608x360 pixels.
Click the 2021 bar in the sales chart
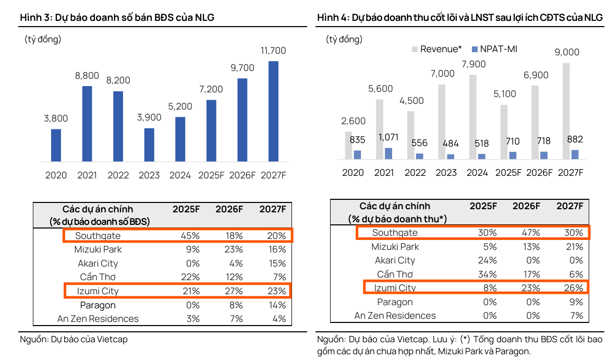click(87, 124)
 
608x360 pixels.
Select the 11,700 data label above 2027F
click(273, 51)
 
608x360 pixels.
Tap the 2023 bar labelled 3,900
click(149, 145)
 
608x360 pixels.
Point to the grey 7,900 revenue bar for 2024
click(472, 116)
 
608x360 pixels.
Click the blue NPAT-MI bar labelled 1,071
click(388, 153)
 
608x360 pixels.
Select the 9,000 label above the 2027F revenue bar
click(567, 52)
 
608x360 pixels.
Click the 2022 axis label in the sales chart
click(118, 175)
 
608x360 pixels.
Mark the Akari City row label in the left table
click(98, 263)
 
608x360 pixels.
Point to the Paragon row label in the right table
click(395, 302)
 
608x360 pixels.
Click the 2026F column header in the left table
click(229, 209)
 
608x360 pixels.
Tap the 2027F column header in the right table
click(569, 206)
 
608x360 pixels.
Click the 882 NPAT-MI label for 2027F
click(575, 140)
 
